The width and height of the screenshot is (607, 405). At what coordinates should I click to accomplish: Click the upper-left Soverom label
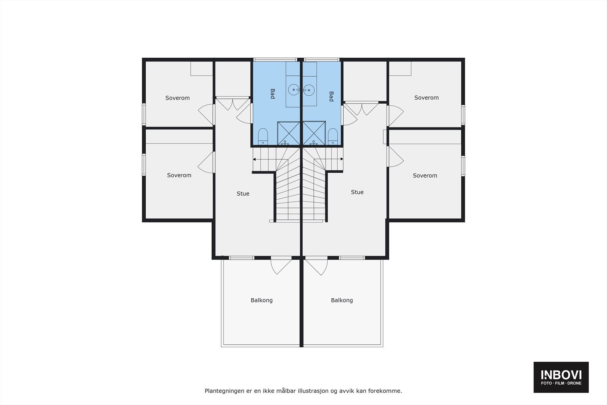[178, 98]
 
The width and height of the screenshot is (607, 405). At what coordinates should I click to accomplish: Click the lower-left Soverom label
[179, 175]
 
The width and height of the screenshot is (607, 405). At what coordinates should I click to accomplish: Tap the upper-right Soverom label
[426, 98]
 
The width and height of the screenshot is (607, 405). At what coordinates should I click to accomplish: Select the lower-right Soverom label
[425, 175]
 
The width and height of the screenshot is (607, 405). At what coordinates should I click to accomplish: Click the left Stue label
[243, 194]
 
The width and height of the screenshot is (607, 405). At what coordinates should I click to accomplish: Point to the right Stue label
[357, 192]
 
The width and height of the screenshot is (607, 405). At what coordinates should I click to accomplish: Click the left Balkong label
[261, 300]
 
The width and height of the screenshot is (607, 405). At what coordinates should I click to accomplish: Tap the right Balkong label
[342, 300]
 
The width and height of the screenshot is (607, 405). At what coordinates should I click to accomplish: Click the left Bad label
[272, 94]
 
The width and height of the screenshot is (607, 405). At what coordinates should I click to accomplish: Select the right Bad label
[331, 96]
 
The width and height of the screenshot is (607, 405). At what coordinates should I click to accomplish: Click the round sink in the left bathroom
[294, 90]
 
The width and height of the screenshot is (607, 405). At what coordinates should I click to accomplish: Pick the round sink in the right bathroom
[309, 90]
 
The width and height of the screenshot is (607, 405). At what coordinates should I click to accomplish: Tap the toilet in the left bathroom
[263, 136]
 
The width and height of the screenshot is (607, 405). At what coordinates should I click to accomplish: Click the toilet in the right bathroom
[333, 136]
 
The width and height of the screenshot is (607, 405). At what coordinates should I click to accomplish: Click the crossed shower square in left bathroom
[289, 133]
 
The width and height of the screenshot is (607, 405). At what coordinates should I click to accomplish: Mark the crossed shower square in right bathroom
[314, 133]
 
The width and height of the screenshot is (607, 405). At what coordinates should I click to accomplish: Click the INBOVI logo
[561, 377]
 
